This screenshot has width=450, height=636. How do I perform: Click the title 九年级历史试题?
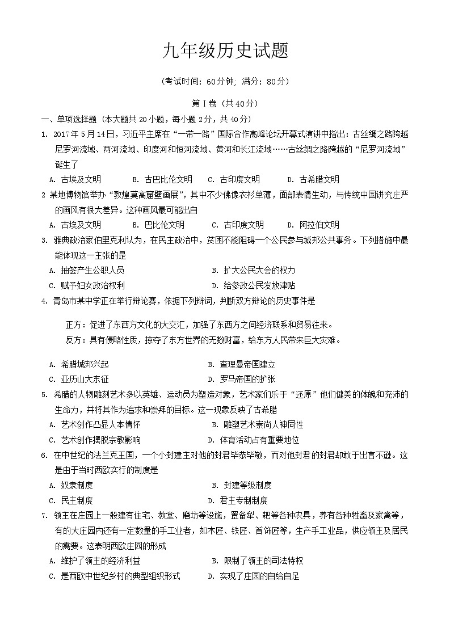click(x=225, y=52)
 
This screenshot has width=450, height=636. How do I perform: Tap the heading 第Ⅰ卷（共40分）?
click(x=225, y=103)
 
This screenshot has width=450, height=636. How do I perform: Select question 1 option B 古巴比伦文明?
click(x=162, y=179)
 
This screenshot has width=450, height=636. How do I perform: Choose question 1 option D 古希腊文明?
click(x=313, y=179)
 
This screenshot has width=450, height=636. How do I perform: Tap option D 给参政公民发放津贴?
click(x=253, y=285)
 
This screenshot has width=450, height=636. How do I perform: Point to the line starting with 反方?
click(x=204, y=340)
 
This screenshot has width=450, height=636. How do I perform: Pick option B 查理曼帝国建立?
click(x=241, y=364)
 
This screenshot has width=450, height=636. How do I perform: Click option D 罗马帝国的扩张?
click(x=241, y=379)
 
